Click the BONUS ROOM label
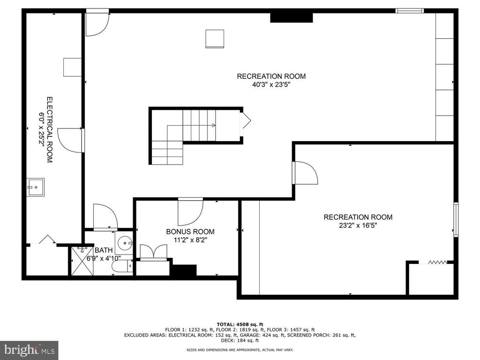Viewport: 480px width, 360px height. (x=190, y=232)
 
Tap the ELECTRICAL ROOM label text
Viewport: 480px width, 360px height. (x=49, y=130)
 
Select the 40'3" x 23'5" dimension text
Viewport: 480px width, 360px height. (x=271, y=85)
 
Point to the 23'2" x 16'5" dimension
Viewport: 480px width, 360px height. (x=358, y=225)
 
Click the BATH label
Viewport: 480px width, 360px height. (x=104, y=250)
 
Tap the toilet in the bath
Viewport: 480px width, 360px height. (x=122, y=267)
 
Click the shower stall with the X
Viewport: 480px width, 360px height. (x=82, y=261)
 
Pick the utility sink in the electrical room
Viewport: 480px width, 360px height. (x=35, y=187)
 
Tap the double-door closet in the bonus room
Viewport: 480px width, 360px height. (x=153, y=252)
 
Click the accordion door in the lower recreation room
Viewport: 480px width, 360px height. (x=437, y=262)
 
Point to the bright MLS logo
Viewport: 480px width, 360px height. (x=29, y=350)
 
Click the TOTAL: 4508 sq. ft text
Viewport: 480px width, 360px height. (x=240, y=324)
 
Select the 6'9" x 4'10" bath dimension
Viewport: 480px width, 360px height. (x=104, y=258)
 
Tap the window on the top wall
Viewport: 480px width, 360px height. (x=410, y=11)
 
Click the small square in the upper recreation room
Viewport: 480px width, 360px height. (x=215, y=39)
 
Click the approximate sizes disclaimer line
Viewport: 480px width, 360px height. (x=240, y=350)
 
